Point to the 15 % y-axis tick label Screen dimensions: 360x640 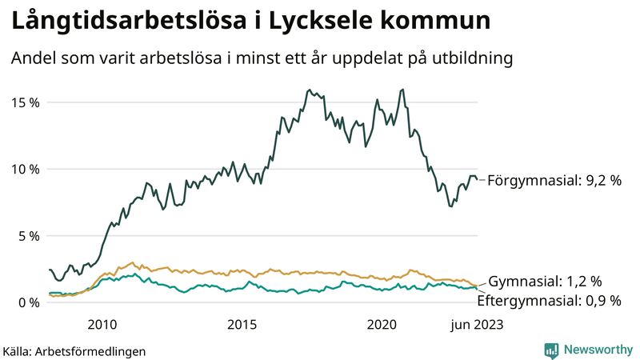[26, 102]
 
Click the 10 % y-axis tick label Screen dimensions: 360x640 [26, 169]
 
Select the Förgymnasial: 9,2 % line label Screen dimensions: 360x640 [554, 181]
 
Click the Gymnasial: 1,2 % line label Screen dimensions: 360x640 [545, 281]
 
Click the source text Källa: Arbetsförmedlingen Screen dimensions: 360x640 [74, 350]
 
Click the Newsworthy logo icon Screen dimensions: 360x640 [551, 350]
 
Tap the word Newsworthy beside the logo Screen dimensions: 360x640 [596, 350]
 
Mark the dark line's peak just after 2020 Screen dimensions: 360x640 [402, 90]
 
